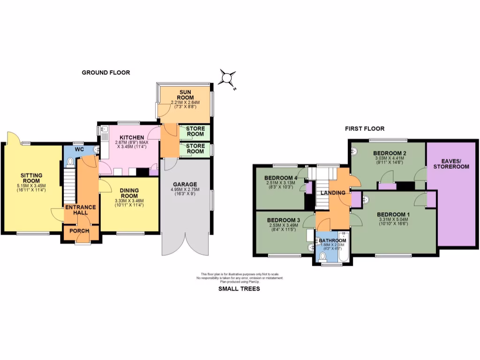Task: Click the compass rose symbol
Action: [x=228, y=78]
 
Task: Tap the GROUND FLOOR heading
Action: [x=106, y=73]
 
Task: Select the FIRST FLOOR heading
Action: [x=365, y=128]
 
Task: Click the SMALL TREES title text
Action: [x=239, y=289]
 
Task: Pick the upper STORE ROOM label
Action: [x=195, y=131]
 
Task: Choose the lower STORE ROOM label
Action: [x=195, y=149]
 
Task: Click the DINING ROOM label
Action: [x=129, y=193]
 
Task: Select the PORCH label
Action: [x=80, y=231]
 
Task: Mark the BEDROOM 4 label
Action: [x=281, y=178]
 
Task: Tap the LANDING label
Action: [x=333, y=193]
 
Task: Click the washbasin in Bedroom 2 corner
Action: [x=355, y=151]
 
